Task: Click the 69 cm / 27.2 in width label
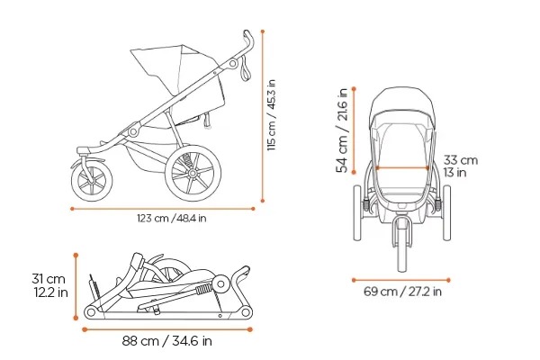tap(402, 291)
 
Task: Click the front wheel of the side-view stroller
tap(93, 179)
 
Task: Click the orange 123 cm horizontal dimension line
tap(163, 208)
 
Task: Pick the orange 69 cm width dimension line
tap(402, 279)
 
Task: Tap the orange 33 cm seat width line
tap(401, 167)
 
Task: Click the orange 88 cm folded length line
tap(168, 328)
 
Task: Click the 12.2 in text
tap(50, 293)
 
